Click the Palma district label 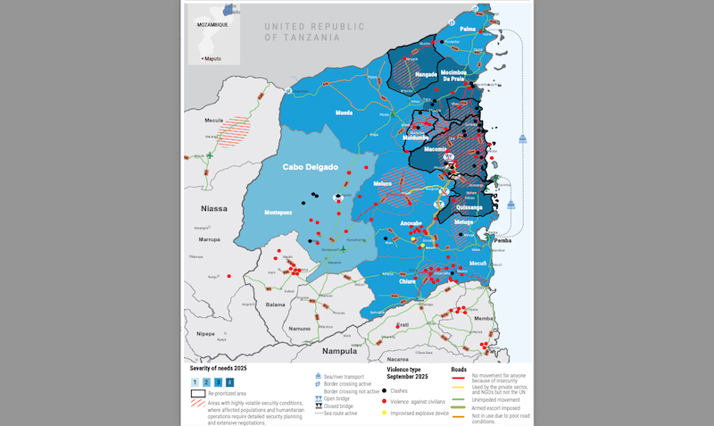tap(468, 29)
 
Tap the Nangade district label tap(413, 75)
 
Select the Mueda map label tap(344, 114)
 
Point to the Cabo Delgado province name tap(310, 167)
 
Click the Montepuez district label tap(286, 212)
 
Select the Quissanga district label tap(468, 206)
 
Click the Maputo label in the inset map tap(212, 58)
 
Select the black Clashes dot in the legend tap(384, 390)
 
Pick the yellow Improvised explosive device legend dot tap(384, 413)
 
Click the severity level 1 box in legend tap(195, 381)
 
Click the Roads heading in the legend tap(459, 369)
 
